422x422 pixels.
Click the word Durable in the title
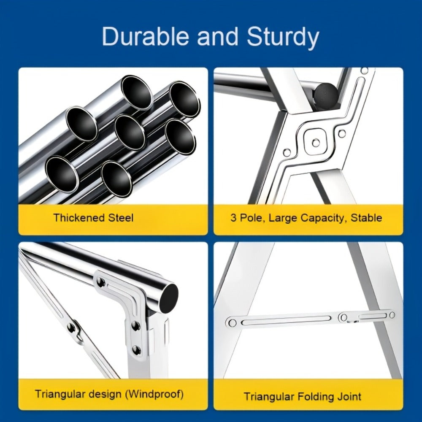[145, 36]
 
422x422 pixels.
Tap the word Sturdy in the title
[283, 38]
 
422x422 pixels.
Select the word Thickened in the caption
[79, 217]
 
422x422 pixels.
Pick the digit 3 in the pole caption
[233, 218]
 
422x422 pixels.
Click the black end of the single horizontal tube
[168, 298]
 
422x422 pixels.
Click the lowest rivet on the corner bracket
[137, 350]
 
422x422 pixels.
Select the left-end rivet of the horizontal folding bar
[232, 322]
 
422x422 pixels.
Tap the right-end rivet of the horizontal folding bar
[392, 315]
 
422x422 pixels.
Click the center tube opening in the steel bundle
[130, 133]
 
